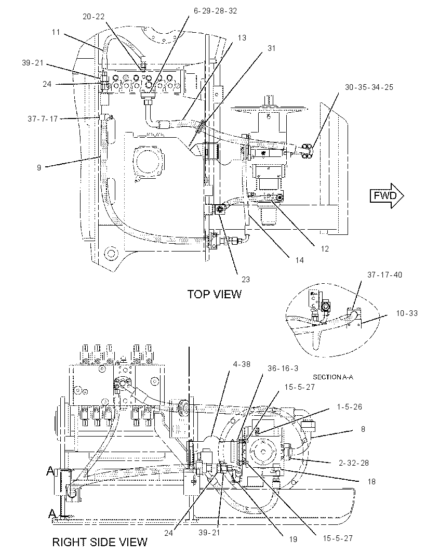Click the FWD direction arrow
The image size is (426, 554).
[x=387, y=195]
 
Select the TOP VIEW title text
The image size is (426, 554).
[x=215, y=294]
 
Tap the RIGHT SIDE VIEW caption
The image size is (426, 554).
[x=100, y=542]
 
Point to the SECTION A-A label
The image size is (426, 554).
[x=332, y=377]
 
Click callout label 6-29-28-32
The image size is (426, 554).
[x=215, y=11]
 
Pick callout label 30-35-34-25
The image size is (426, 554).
[x=369, y=87]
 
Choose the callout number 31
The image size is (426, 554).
[x=271, y=48]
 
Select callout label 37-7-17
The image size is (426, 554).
[x=43, y=119]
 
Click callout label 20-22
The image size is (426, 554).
[x=94, y=17]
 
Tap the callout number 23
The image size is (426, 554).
[x=246, y=280]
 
